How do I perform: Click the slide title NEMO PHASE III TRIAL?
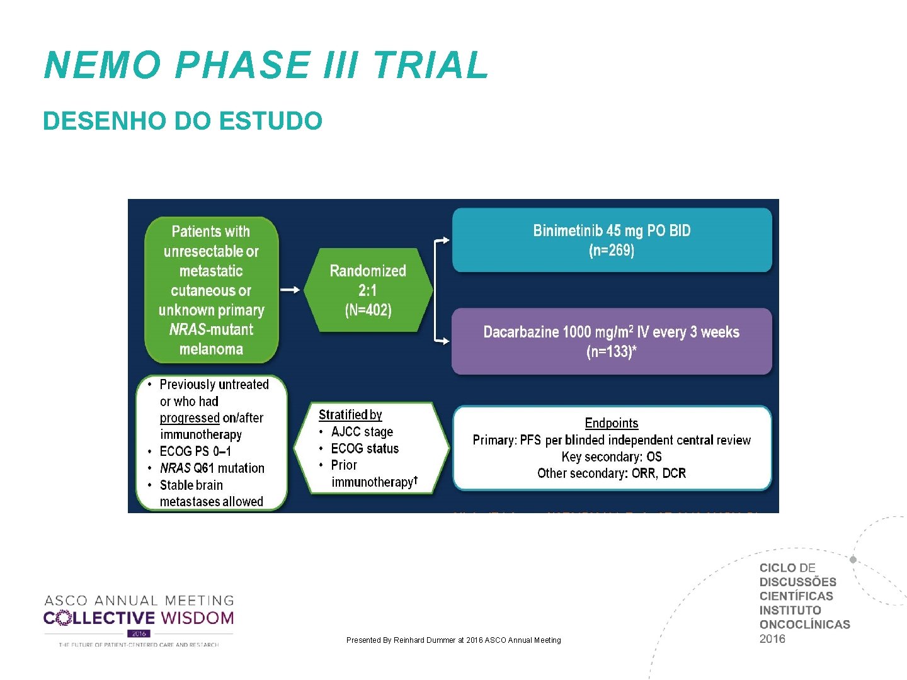point(266,65)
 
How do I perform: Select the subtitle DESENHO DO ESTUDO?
point(183,121)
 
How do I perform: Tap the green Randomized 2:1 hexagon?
point(368,290)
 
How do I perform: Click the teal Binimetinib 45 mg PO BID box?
point(612,240)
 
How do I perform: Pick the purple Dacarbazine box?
point(612,341)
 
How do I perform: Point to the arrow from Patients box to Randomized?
point(290,290)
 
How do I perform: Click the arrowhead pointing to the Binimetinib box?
point(445,240)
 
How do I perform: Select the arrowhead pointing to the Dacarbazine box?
point(445,341)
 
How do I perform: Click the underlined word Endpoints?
point(612,423)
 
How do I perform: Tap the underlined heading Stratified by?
point(350,415)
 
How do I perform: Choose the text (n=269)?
point(612,251)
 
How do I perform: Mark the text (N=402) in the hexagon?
point(368,310)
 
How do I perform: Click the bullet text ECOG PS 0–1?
point(195,451)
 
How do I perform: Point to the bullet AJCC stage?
point(362,432)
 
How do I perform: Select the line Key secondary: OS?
point(612,456)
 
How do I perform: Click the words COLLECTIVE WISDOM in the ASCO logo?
point(139,618)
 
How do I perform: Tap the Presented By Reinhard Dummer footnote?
point(453,640)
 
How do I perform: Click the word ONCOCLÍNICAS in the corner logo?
point(804,625)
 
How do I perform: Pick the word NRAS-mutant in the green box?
point(211,329)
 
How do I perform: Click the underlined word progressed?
point(190,418)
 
